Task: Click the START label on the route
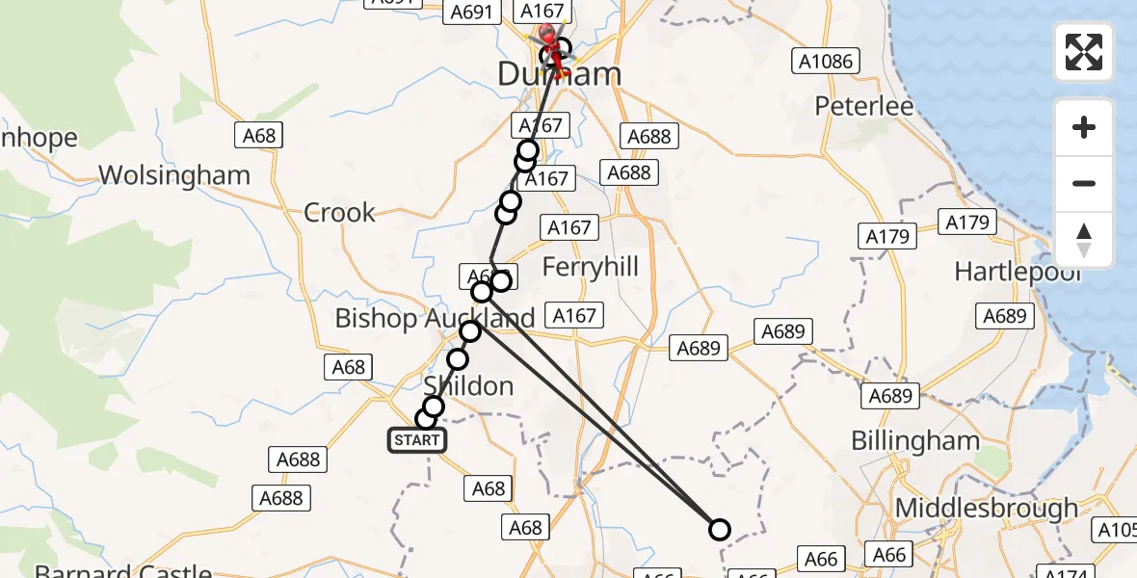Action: click(416, 440)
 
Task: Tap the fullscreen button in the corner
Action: click(1084, 52)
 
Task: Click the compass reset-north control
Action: click(1084, 240)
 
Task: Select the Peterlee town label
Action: click(863, 106)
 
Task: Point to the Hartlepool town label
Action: click(1018, 272)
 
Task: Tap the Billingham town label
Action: click(914, 441)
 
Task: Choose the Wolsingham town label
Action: click(174, 175)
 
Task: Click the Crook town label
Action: click(339, 212)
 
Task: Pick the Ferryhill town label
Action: click(590, 267)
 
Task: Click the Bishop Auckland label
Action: click(434, 318)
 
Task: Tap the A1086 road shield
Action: click(826, 62)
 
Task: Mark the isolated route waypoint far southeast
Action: click(719, 529)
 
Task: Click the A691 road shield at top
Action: click(472, 13)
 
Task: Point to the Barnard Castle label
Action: click(122, 570)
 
